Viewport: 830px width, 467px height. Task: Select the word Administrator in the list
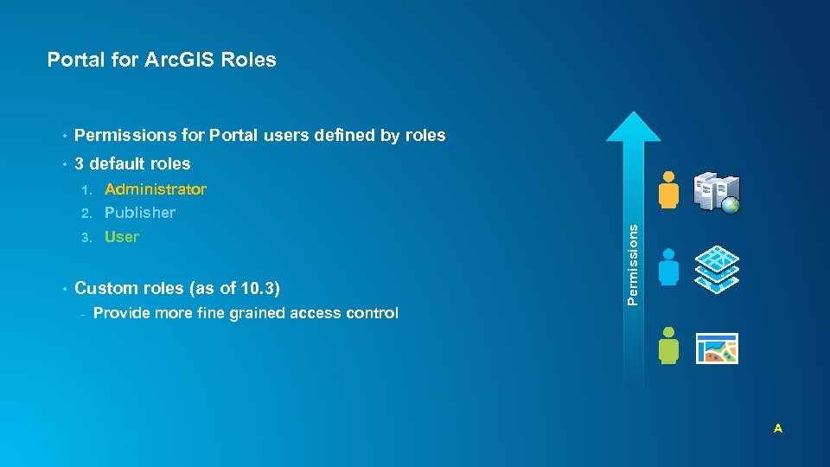point(156,189)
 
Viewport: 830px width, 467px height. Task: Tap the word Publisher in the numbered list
point(140,213)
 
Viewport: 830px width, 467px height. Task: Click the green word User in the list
point(122,237)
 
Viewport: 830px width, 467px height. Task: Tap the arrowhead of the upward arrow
point(634,127)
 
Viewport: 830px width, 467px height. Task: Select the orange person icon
point(667,189)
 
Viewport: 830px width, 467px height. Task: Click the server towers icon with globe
point(718,192)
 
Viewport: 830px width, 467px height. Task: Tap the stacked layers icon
point(718,268)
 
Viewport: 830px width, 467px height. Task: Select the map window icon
point(718,348)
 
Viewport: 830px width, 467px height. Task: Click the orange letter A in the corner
point(778,428)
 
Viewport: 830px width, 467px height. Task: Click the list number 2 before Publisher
point(86,213)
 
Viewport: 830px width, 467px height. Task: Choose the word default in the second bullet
point(118,163)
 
